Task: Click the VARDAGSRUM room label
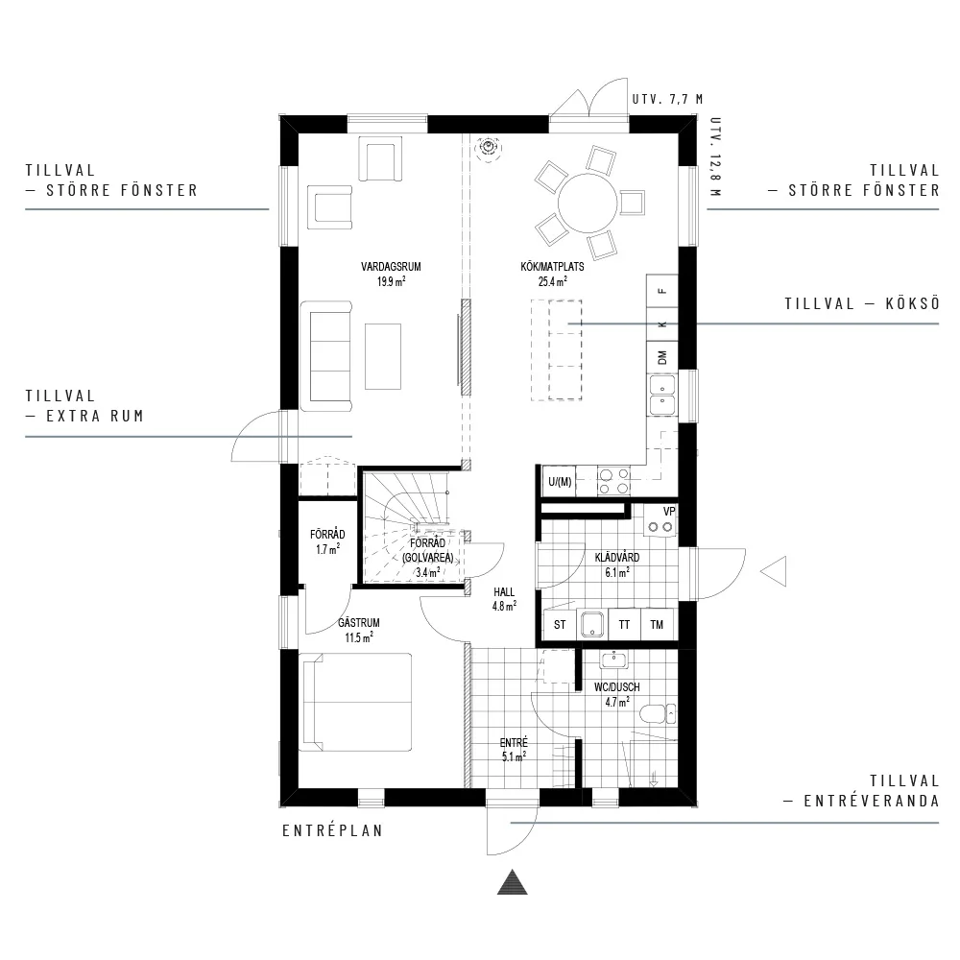pos(391,267)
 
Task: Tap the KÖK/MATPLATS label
pos(552,267)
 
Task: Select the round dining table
pos(588,204)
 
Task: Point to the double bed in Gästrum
pos(355,703)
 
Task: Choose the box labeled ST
pos(560,625)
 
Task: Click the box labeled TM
pos(657,625)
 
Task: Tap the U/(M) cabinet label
pos(561,482)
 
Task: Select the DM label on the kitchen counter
pos(661,357)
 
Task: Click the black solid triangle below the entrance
pos(513,883)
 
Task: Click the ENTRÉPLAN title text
pos(332,830)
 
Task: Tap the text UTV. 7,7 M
pos(668,99)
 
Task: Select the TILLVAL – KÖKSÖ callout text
pos(862,303)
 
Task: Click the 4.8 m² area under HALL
pos(505,606)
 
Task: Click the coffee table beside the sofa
pos(383,356)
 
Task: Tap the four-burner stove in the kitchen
pos(614,481)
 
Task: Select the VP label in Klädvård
pos(669,512)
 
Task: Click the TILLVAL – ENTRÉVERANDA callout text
pos(862,790)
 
